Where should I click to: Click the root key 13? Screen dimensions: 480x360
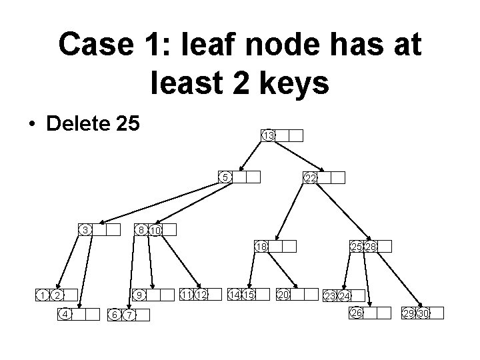(267, 135)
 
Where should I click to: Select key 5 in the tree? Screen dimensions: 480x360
(227, 177)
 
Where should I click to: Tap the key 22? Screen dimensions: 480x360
(310, 177)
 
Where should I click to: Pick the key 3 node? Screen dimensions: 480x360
(85, 230)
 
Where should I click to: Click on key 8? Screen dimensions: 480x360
(140, 230)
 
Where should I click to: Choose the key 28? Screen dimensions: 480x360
(370, 247)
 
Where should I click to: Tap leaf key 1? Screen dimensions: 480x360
(42, 295)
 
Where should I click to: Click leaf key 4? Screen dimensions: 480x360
(65, 314)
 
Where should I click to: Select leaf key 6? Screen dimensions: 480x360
(115, 315)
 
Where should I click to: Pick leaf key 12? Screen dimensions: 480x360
(201, 294)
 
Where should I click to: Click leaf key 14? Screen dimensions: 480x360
(234, 294)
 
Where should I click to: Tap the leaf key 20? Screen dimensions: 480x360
(283, 294)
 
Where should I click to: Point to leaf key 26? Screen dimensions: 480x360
(357, 313)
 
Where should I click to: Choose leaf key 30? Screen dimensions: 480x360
(423, 313)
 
